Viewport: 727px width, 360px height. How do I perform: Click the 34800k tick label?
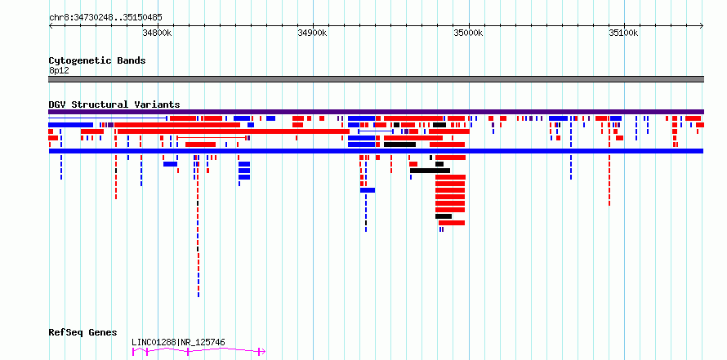point(158,33)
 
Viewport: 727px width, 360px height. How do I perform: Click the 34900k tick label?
point(313,33)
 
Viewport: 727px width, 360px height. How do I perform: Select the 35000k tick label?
point(469,33)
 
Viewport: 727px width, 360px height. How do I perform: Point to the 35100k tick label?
point(624,33)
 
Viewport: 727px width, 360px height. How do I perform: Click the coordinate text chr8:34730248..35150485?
point(105,18)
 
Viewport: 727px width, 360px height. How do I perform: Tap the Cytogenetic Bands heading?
point(97,60)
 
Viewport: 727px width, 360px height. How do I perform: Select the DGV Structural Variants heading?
point(114,104)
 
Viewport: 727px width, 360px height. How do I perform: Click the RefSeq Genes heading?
point(83,332)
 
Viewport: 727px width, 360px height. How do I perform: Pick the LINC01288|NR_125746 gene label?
point(179,342)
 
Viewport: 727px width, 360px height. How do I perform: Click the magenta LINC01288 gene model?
point(199,352)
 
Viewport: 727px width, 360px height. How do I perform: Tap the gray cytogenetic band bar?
point(377,79)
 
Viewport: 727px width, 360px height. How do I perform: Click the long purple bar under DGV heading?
point(377,112)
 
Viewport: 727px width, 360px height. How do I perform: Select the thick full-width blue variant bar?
point(377,151)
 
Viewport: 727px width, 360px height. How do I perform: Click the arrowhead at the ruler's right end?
point(702,26)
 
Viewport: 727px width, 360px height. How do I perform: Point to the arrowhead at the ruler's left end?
point(50,26)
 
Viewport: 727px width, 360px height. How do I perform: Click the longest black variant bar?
point(430,171)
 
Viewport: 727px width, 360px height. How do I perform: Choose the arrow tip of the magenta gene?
point(265,352)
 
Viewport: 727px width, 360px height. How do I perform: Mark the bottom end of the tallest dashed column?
point(198,296)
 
